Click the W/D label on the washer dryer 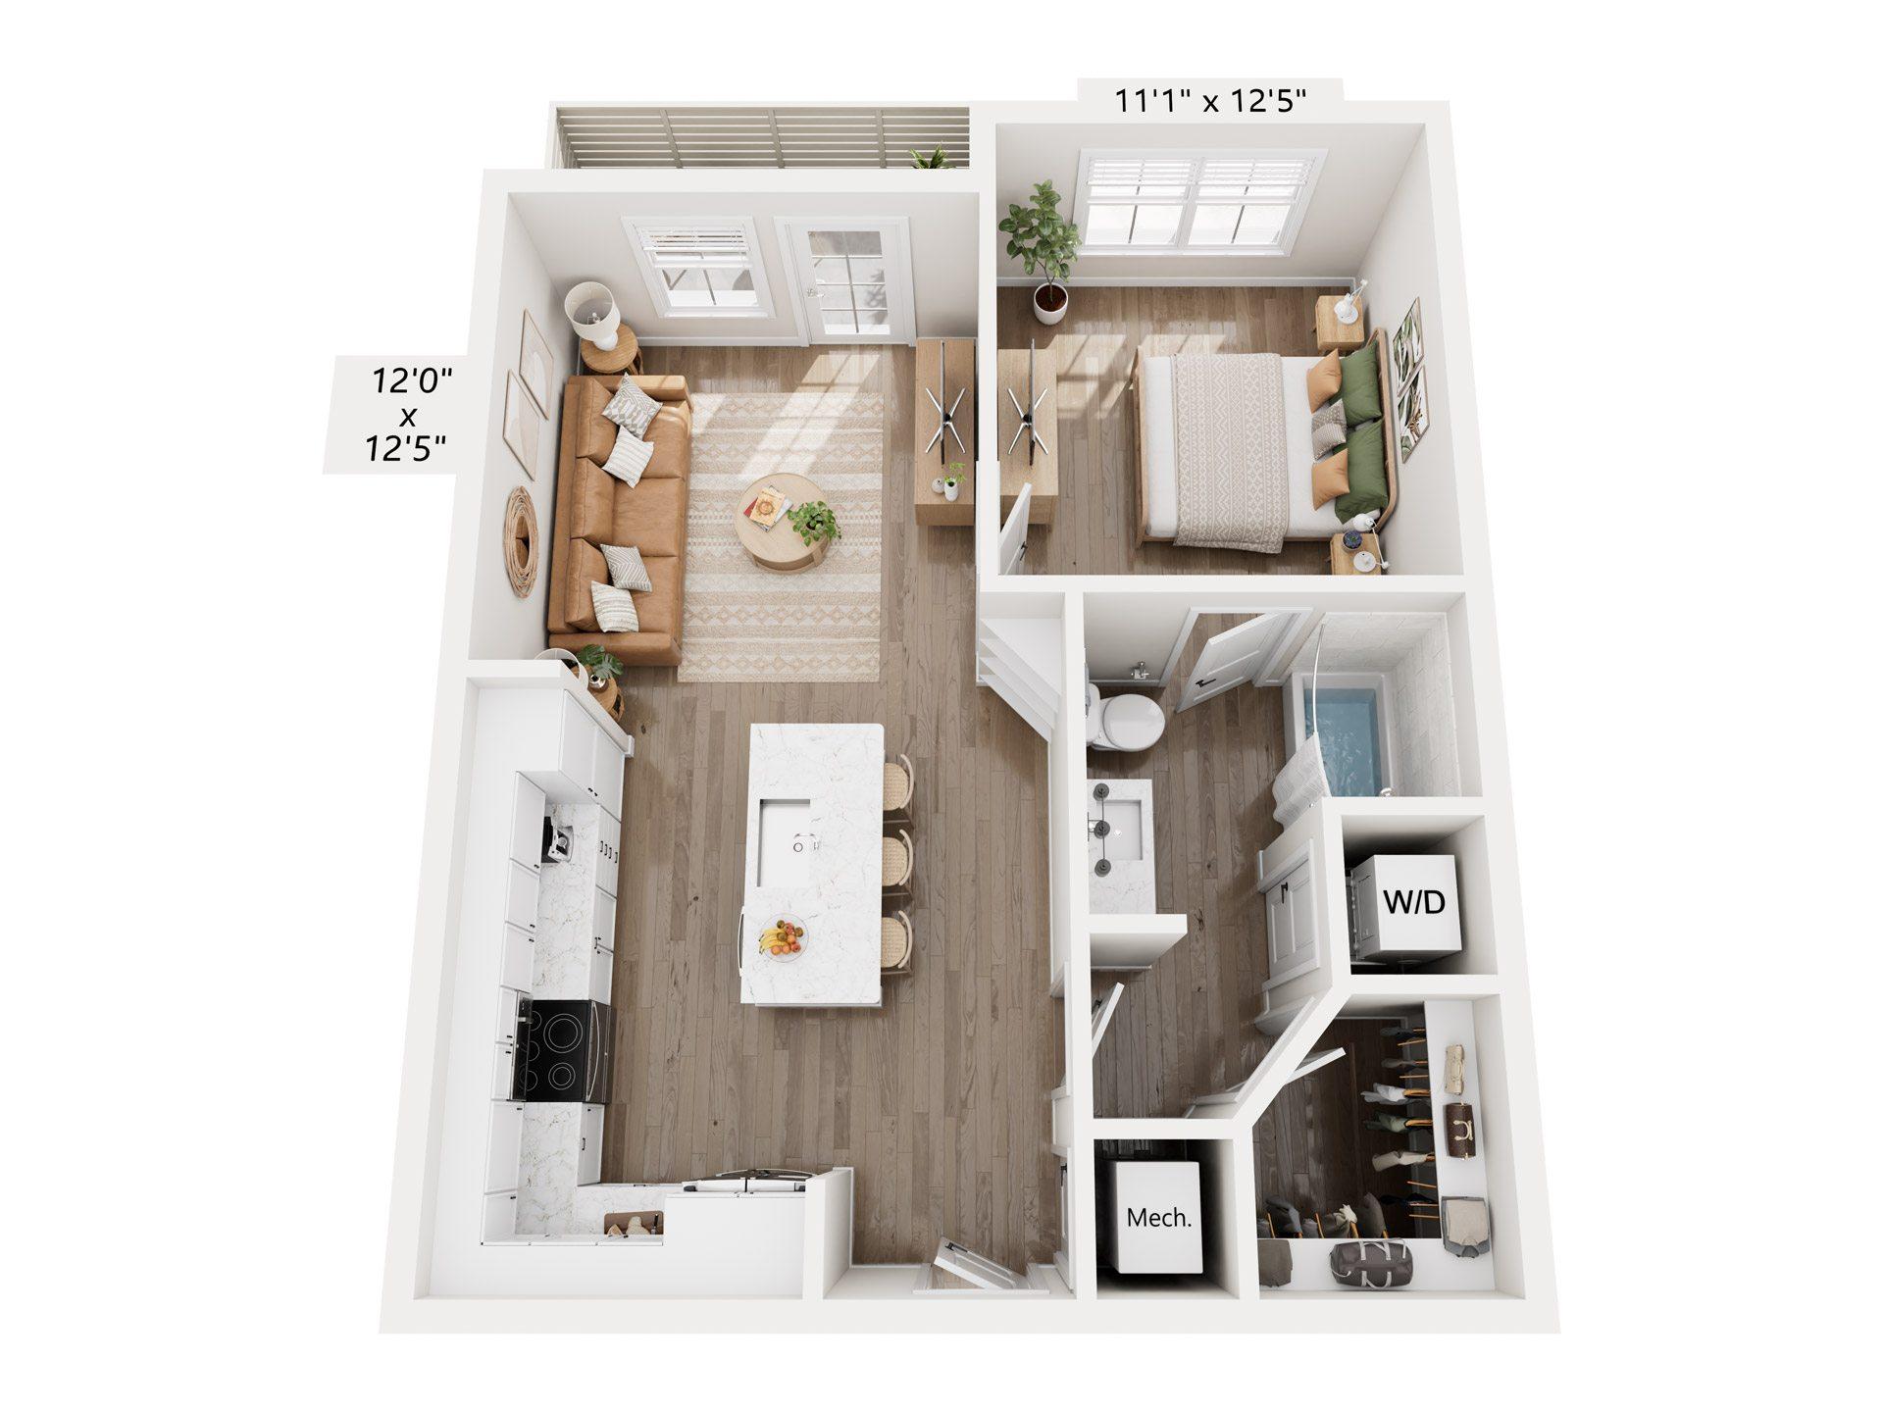click(1414, 901)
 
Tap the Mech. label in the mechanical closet click(1160, 1219)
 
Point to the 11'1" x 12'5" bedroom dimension click(1212, 101)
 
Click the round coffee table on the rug click(781, 523)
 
